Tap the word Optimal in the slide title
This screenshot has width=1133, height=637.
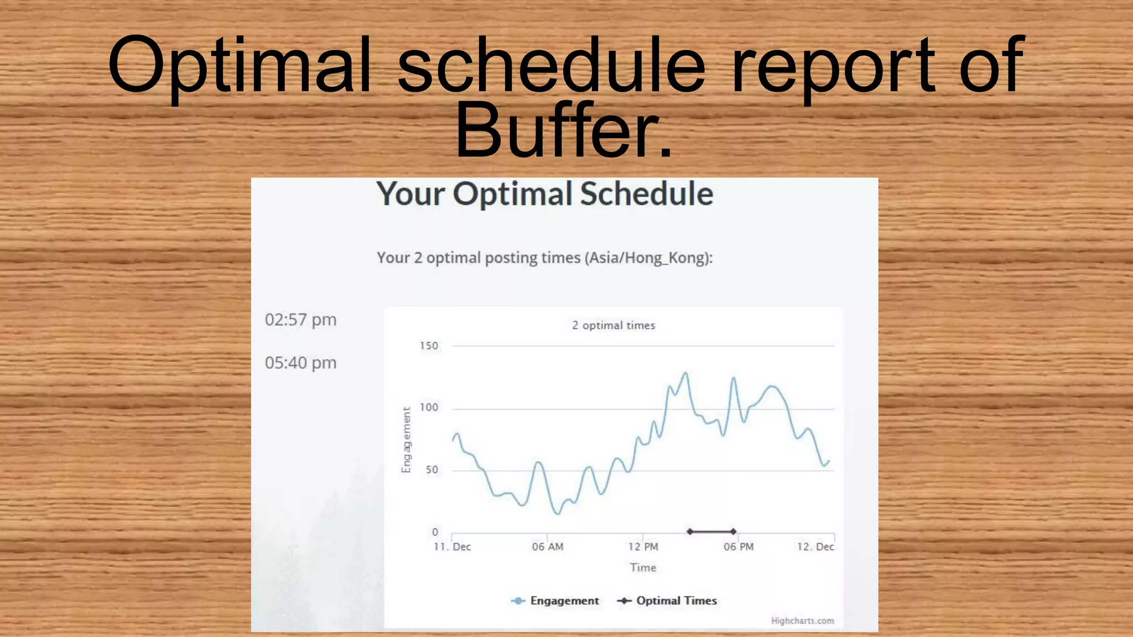pos(239,65)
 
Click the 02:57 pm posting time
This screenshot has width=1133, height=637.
pos(300,320)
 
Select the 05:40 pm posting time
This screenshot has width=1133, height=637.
pos(300,363)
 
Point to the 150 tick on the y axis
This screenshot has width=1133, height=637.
pos(429,346)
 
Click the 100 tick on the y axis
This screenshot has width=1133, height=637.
pos(429,408)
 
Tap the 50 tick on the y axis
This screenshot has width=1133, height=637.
pos(432,469)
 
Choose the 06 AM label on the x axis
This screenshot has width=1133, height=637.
pos(548,547)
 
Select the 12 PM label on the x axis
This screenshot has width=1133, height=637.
pos(643,547)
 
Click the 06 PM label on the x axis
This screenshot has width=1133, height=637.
pos(739,547)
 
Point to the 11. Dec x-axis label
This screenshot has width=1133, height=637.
pos(452,547)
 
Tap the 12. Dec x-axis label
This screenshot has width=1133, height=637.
pos(815,547)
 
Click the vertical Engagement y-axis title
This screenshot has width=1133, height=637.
pos(407,440)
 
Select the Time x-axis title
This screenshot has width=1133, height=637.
pos(643,568)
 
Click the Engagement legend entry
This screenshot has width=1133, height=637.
pos(564,601)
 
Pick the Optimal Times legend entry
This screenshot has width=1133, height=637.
pos(676,601)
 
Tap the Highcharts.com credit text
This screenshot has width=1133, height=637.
pos(802,621)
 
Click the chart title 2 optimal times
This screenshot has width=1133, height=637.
pos(614,325)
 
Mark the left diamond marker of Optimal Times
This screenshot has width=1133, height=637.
pos(690,531)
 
